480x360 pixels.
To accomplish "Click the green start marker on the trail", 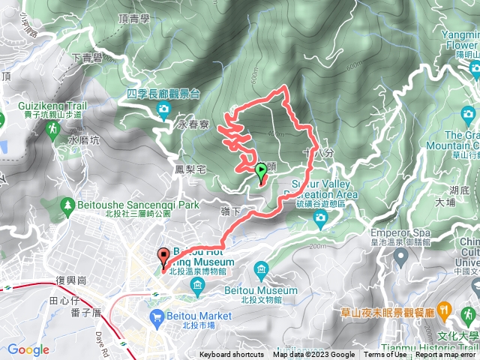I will point(261,172).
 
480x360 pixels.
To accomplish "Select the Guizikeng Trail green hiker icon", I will point(53,129).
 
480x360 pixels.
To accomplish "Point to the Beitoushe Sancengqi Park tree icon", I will point(67,205).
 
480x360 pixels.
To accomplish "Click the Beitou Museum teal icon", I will point(261,268).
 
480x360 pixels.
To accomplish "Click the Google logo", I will point(28,349).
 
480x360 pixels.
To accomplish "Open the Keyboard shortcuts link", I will point(232,355).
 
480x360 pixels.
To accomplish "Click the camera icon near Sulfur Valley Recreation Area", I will point(321,218).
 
